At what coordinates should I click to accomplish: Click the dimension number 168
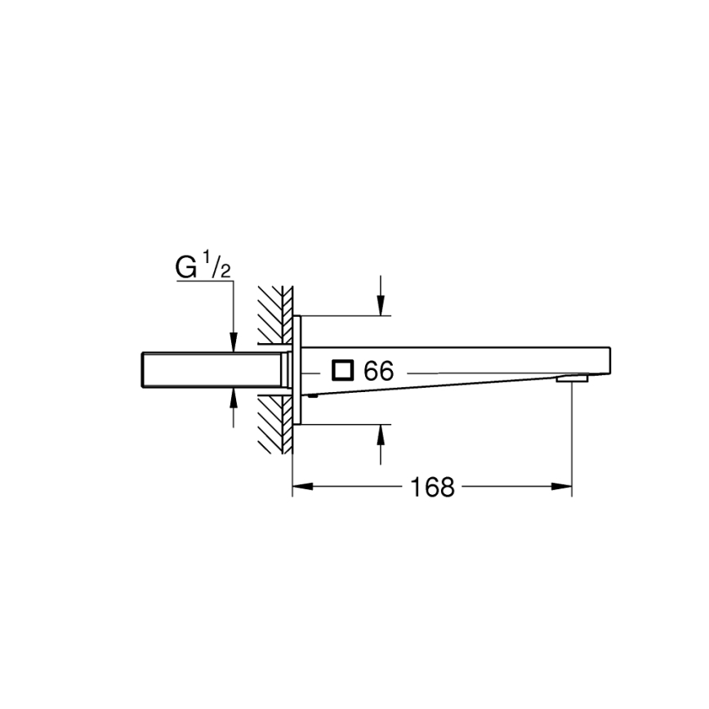[x=432, y=488]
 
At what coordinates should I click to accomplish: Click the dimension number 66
[x=379, y=372]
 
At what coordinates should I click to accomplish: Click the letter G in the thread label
[x=187, y=268]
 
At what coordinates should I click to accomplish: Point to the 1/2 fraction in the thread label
[x=217, y=265]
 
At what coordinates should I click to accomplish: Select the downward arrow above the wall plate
[x=381, y=305]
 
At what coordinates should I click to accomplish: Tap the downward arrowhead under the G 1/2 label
[x=234, y=342]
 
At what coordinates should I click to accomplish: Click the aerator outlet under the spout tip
[x=571, y=379]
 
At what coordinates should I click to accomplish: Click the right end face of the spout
[x=609, y=360]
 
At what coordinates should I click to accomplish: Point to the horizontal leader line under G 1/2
[x=204, y=283]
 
